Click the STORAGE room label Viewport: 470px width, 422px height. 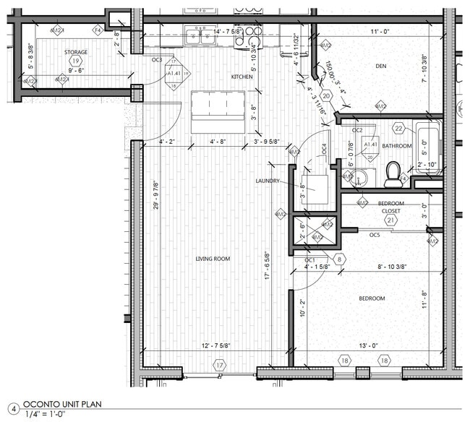[75, 52]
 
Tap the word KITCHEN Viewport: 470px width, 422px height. [242, 77]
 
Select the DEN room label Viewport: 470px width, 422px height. [381, 66]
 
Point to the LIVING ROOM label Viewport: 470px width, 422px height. [213, 259]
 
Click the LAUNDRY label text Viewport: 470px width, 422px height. [267, 181]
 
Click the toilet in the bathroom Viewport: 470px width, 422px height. [393, 173]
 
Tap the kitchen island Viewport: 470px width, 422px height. [218, 112]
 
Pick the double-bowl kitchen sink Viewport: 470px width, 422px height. [200, 35]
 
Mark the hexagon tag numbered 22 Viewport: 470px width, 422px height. [399, 129]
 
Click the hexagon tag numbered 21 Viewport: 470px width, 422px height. [390, 220]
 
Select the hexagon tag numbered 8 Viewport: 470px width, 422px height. [340, 259]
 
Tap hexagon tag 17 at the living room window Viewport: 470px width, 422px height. [219, 366]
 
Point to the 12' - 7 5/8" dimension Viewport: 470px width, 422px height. [217, 346]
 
